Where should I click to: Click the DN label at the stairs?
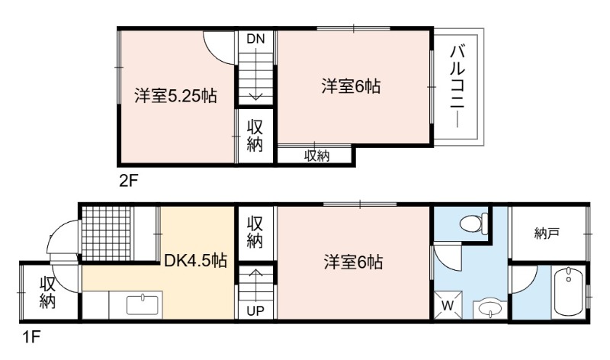coord(255,39)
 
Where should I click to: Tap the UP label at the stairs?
coord(255,310)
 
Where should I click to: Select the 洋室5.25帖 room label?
coord(175,96)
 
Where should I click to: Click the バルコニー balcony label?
coord(458,86)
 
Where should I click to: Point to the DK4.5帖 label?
coord(195,260)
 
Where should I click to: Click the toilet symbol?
coord(474,223)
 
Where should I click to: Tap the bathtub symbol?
coord(568,291)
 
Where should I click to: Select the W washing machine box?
coord(448,306)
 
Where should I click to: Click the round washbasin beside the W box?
coord(490,310)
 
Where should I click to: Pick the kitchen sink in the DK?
coord(143,305)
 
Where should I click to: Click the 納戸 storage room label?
coord(547,233)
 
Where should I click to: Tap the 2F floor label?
coord(128,181)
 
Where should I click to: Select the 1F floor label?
coord(31,337)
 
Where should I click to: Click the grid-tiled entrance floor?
coord(106,234)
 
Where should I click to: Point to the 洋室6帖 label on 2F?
coord(351,86)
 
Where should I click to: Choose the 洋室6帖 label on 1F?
coord(353,262)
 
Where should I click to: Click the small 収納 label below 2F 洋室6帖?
coord(316,156)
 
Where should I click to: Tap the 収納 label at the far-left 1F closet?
coord(47,293)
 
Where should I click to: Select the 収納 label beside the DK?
coord(255,233)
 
